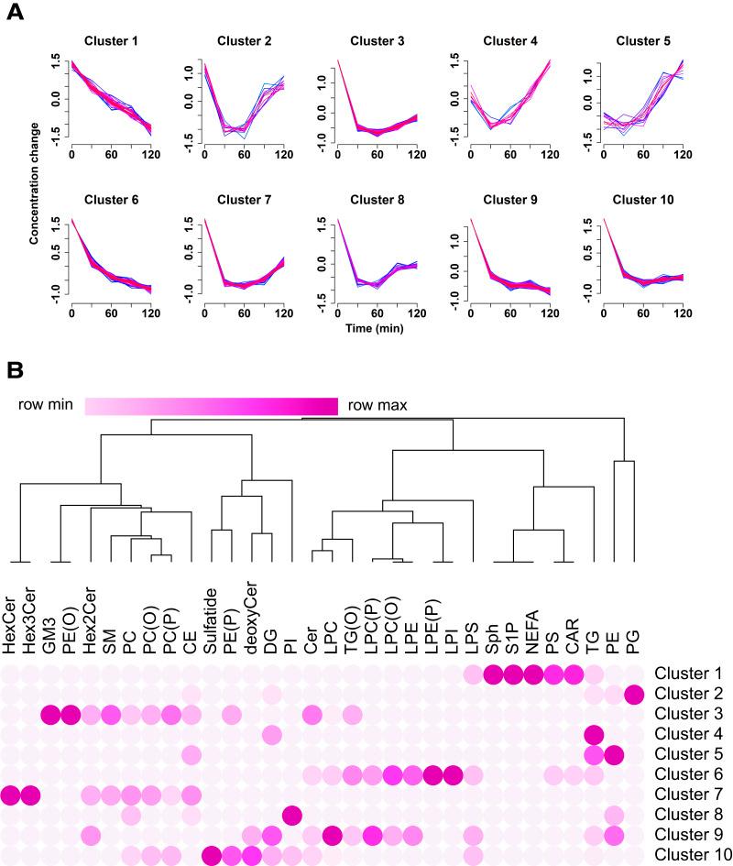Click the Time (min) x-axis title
click(377, 325)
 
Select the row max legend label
click(378, 405)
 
